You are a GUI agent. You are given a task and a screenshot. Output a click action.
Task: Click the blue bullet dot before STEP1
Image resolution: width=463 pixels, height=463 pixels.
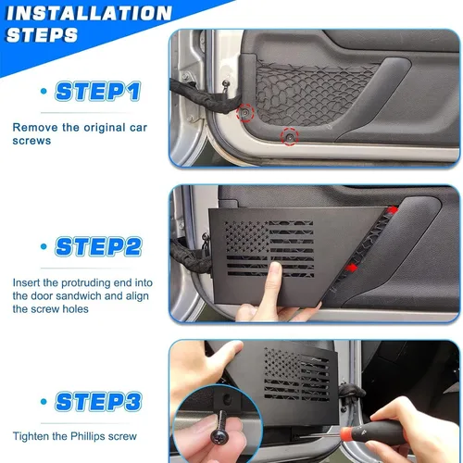coord(44,91)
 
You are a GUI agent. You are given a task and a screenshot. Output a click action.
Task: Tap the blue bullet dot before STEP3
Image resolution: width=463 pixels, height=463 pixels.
coord(44,401)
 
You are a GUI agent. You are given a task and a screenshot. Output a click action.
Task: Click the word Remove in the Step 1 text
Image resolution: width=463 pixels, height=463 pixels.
coord(33,125)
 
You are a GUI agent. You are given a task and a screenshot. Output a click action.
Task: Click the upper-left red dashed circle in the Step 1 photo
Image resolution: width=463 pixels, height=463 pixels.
coord(245,112)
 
